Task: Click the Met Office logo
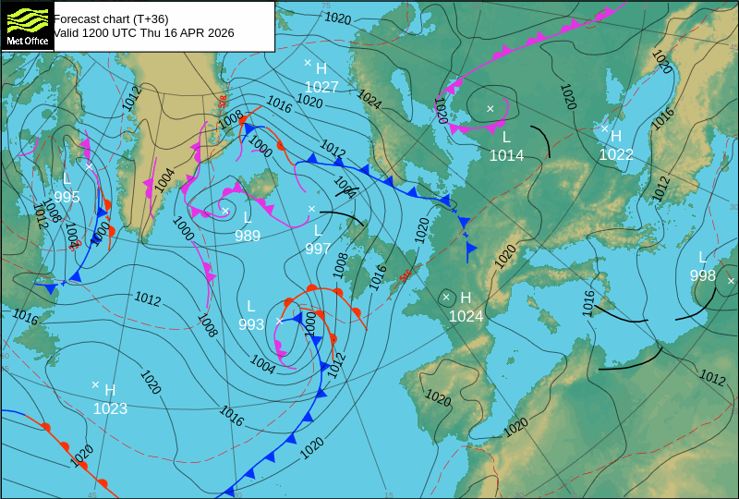coord(27,26)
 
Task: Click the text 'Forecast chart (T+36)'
coord(111,18)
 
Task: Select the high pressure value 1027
coord(321,87)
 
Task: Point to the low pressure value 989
coord(247,236)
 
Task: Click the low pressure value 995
coord(67,197)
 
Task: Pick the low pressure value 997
coord(318,248)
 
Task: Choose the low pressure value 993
coord(251,324)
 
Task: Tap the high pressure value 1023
coord(110,408)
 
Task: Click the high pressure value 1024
coord(466,316)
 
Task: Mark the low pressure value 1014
coord(506,155)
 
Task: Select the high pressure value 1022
coord(616,154)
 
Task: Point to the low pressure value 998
coord(702,275)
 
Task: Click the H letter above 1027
coord(321,68)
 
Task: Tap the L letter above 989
coord(248,218)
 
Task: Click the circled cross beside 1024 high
coord(446,297)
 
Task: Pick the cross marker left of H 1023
coord(95,384)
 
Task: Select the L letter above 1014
coord(506,137)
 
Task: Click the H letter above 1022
coord(616,136)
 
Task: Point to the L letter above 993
coord(250,306)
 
